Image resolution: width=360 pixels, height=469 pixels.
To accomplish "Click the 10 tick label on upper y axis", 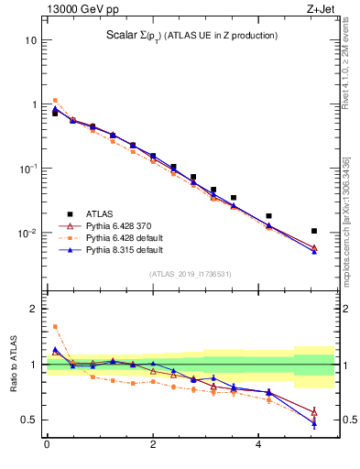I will tap(31, 41).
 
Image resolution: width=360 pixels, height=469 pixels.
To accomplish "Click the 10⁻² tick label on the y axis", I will tap(27, 233).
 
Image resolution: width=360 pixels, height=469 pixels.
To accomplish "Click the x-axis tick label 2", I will tap(153, 445).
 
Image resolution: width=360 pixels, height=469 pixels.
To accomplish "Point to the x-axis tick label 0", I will tap(47, 445).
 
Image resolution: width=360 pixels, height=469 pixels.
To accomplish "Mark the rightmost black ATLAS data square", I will tap(314, 231).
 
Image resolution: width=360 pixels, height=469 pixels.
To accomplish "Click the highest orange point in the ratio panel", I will tap(55, 326).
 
